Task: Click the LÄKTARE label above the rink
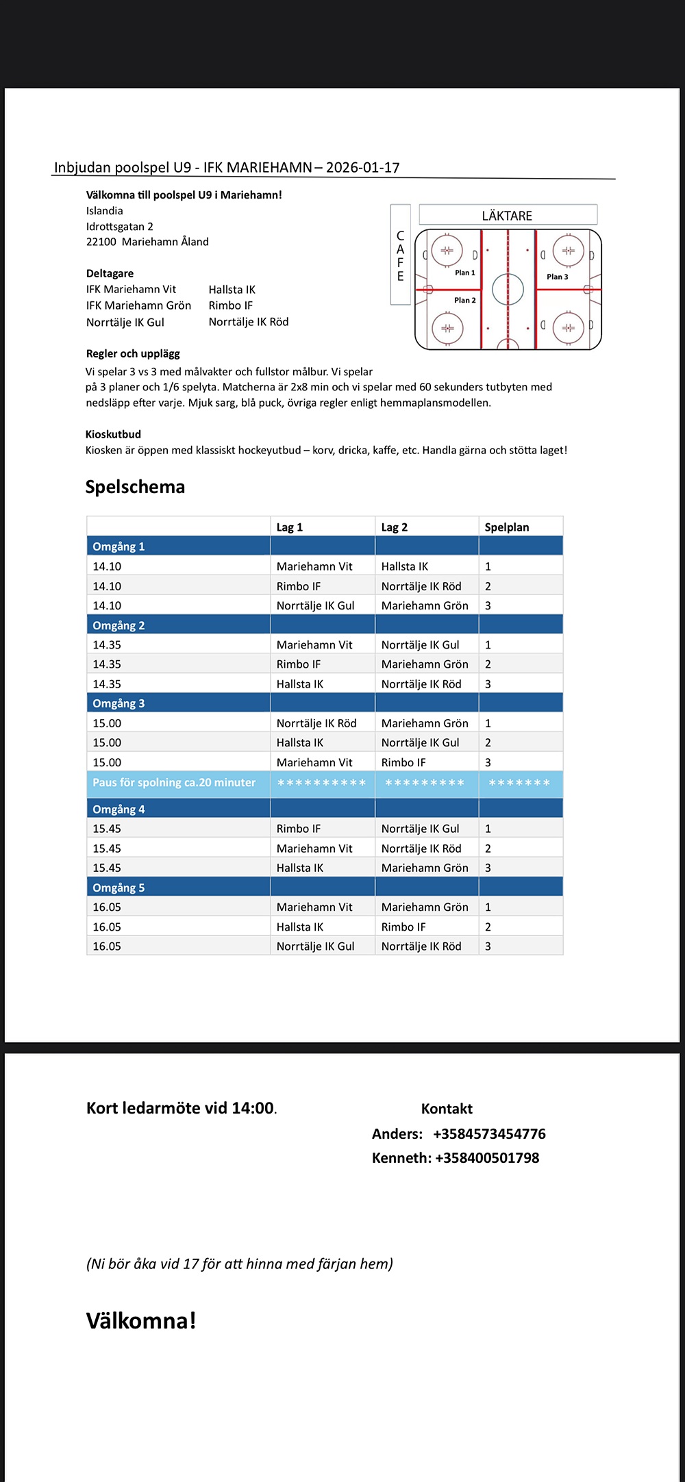pos(507,216)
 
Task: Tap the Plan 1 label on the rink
pos(464,273)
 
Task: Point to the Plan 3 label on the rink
pos(557,277)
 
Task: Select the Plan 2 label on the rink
pos(464,300)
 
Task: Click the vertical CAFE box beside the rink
pos(400,255)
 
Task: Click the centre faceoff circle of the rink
pos(508,289)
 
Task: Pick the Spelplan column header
pos(506,527)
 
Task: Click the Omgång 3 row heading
pos(119,703)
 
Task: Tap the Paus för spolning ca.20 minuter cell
pos(174,783)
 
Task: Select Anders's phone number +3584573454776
pos(489,1133)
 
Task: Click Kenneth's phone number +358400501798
pos(487,1157)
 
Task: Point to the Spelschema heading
pos(135,487)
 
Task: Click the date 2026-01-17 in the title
pos(362,168)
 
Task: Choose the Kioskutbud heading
pos(113,434)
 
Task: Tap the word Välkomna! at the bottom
pos(141,1320)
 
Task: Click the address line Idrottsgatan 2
pos(119,227)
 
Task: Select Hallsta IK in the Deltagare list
pos(232,290)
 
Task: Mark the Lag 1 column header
pos(289,527)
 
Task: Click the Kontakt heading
pos(447,1109)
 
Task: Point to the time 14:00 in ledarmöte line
pos(253,1108)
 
